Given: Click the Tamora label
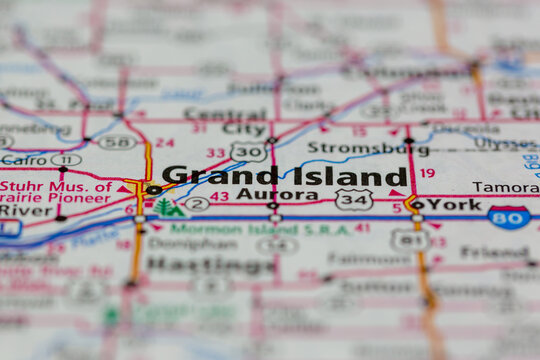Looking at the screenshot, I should pyautogui.click(x=505, y=187).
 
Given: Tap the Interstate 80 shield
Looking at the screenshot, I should pyautogui.click(x=509, y=216).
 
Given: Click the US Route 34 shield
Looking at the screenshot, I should pyautogui.click(x=353, y=200).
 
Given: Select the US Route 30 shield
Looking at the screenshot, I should pyautogui.click(x=247, y=151).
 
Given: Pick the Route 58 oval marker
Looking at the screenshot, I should pyautogui.click(x=117, y=142).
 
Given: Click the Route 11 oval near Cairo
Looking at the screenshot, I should pyautogui.click(x=66, y=160).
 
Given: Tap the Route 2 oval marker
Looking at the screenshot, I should pyautogui.click(x=197, y=204).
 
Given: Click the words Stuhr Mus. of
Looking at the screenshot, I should pyautogui.click(x=55, y=185).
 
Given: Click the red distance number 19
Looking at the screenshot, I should pyautogui.click(x=427, y=173).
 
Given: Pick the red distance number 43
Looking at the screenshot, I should pyautogui.click(x=219, y=196).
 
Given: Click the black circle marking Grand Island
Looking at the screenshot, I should pyautogui.click(x=153, y=190).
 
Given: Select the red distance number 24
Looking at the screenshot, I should pyautogui.click(x=164, y=143).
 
